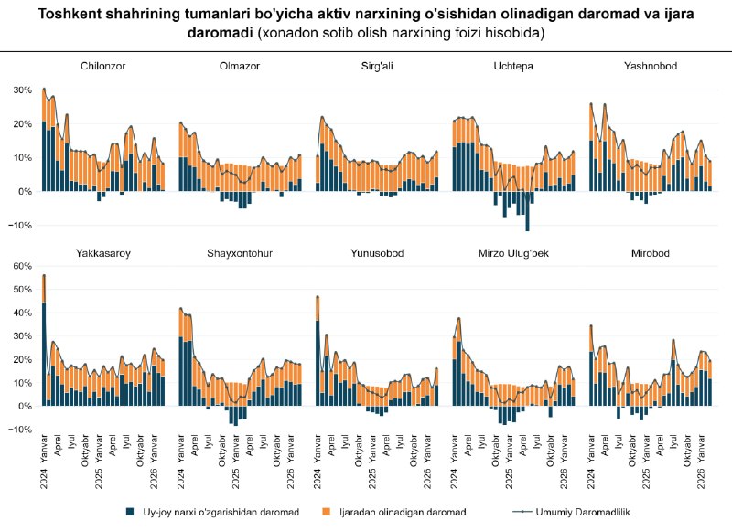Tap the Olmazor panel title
point(237,66)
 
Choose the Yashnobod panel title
point(651,66)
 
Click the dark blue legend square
point(131,513)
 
